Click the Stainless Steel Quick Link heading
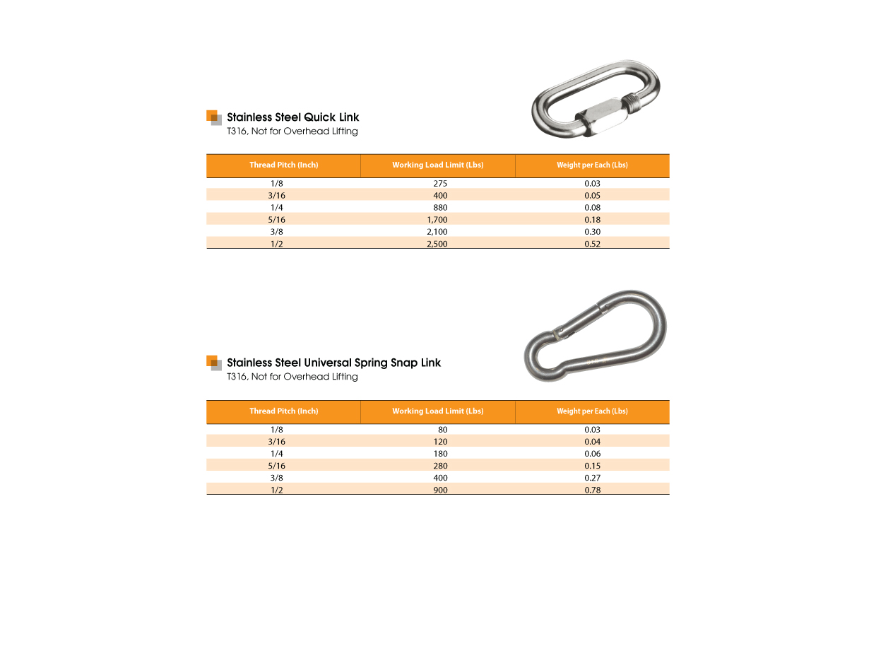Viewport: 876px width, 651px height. [x=292, y=117]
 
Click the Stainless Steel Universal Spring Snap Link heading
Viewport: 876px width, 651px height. [x=333, y=363]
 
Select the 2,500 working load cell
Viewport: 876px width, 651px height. [x=437, y=244]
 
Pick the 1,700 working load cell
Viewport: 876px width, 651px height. [x=437, y=220]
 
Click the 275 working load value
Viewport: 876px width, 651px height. [x=440, y=184]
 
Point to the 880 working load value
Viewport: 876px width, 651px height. [x=440, y=208]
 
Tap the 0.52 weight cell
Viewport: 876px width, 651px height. [x=592, y=244]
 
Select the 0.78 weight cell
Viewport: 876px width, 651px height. [x=592, y=490]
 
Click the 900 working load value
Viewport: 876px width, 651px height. [x=440, y=490]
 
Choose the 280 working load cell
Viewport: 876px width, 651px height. [x=440, y=466]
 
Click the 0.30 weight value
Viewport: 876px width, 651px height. [x=592, y=232]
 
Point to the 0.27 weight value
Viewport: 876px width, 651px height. [x=592, y=478]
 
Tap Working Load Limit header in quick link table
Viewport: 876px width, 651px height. [x=437, y=165]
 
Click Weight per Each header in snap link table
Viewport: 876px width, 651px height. [x=592, y=411]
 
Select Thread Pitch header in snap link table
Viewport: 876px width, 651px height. [x=283, y=411]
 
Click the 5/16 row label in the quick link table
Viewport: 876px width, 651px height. [x=277, y=220]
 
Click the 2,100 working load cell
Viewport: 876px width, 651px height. [x=437, y=232]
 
